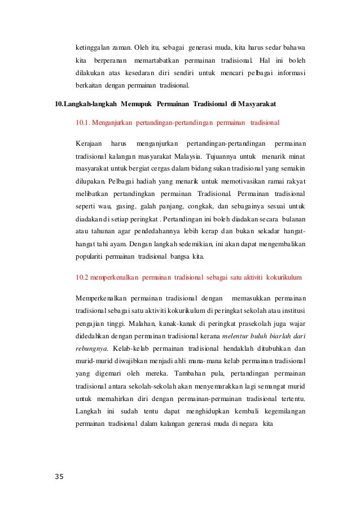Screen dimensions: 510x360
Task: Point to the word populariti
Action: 94,256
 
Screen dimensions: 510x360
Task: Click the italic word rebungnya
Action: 93,348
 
